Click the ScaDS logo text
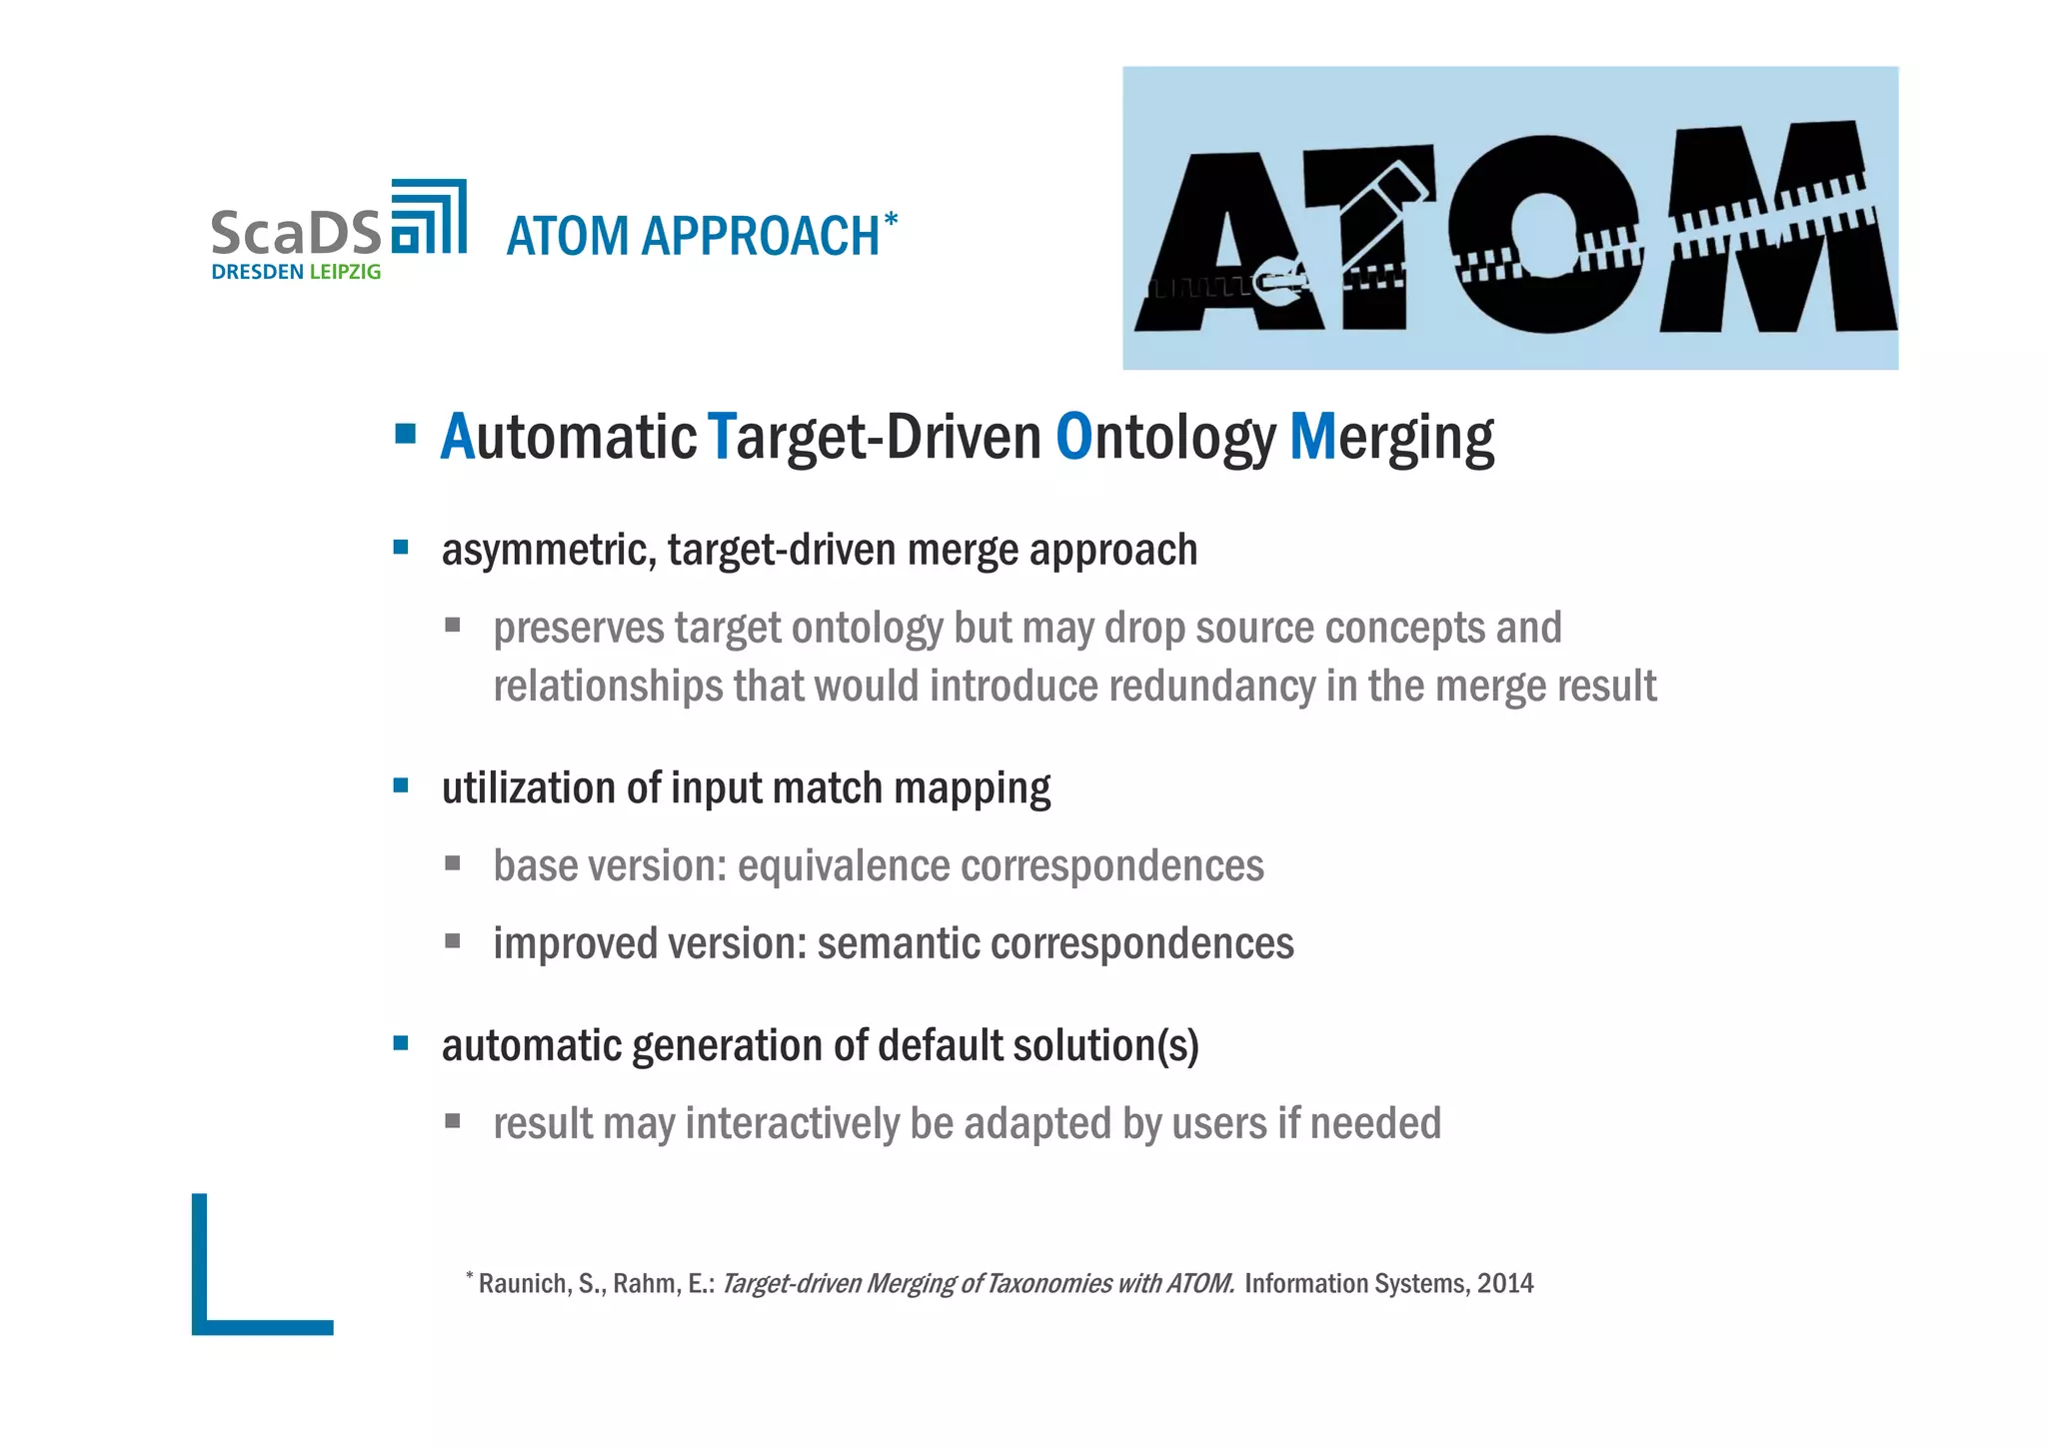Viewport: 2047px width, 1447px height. (296, 232)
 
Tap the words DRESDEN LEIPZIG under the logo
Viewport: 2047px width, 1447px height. (296, 272)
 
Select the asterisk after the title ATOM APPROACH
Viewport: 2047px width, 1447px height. (891, 220)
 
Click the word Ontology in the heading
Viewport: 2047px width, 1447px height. (1165, 438)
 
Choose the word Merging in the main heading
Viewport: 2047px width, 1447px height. (1391, 438)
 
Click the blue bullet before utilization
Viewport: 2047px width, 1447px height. (402, 785)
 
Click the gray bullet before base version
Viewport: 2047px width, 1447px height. (453, 863)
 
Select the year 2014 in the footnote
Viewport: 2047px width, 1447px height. (1505, 1283)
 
